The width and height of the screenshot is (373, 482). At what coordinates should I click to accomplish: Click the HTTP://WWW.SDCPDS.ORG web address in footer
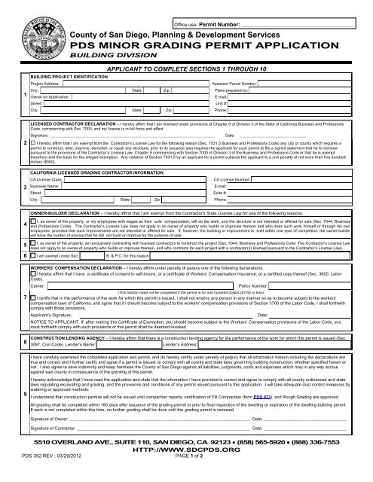(x=186, y=467)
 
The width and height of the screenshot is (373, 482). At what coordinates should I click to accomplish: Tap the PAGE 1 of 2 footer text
(x=187, y=476)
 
